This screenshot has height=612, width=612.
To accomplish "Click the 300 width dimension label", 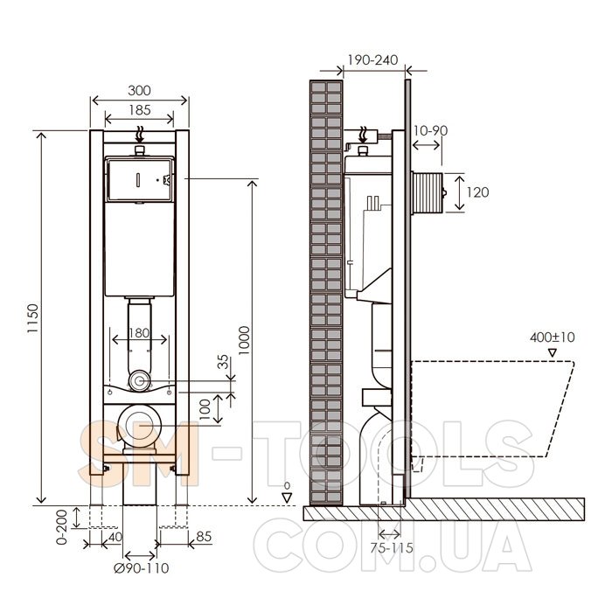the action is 139,91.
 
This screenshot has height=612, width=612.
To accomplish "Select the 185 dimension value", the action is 140,110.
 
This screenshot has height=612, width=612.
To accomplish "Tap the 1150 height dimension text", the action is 33,318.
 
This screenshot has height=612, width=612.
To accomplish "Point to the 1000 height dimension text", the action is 244,340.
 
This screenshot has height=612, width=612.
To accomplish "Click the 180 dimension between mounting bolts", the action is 139,333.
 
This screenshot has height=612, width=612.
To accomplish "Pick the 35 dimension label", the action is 223,362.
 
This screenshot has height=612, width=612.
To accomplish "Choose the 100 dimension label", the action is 205,409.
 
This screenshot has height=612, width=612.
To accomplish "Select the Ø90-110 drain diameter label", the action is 142,568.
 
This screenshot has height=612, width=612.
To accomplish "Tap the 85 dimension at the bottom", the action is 204,537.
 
